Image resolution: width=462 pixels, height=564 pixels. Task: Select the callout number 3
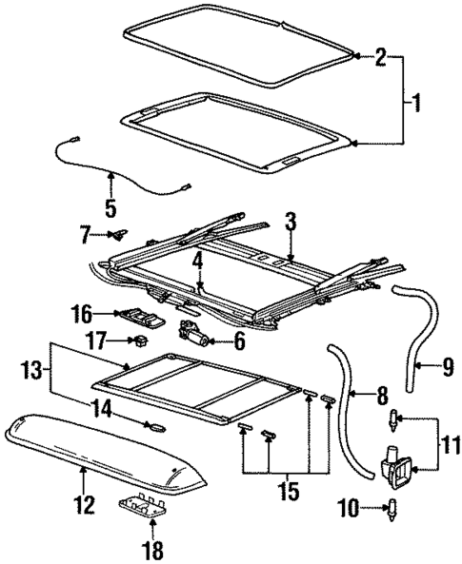click(291, 221)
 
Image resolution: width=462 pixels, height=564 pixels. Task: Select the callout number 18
click(152, 549)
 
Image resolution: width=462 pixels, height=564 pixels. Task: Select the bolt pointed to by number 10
click(394, 508)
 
